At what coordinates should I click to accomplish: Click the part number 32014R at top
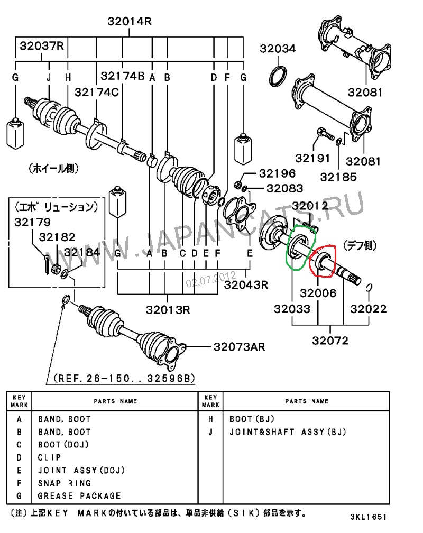tap(130, 22)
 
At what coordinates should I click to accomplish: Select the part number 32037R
tap(42, 46)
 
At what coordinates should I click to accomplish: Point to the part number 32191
tap(312, 158)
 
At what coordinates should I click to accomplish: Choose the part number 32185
tap(341, 177)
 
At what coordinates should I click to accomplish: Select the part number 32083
tap(284, 188)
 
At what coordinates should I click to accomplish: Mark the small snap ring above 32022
tap(371, 287)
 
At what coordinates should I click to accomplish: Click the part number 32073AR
tap(239, 347)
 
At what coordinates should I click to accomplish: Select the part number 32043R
tap(246, 284)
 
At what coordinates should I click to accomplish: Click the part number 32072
tap(330, 341)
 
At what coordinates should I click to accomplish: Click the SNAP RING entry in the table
tap(65, 483)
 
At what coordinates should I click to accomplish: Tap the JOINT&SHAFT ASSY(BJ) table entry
tap(288, 432)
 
